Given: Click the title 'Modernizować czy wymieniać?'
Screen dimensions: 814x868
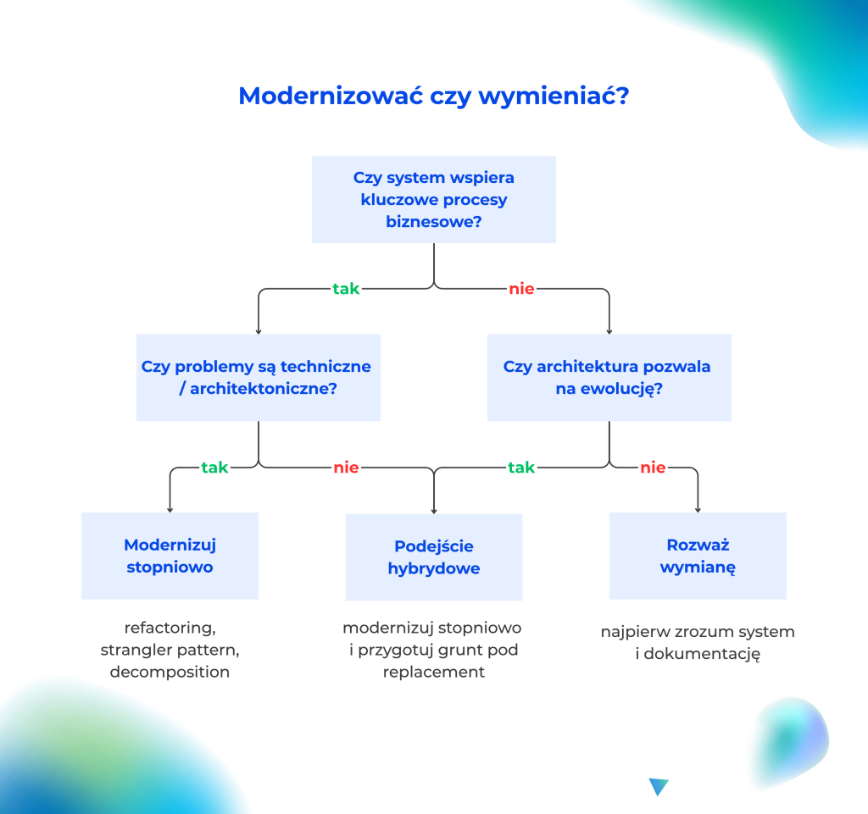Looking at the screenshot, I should tap(433, 96).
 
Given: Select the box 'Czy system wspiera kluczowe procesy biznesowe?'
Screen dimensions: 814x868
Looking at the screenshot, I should tap(433, 200).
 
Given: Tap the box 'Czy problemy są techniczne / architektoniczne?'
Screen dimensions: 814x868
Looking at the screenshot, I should tap(258, 378).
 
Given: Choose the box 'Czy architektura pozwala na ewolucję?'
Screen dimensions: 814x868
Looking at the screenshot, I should tap(609, 378).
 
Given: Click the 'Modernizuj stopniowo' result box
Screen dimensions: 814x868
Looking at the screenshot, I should tap(170, 556).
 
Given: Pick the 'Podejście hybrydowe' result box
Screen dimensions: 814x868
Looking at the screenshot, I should tap(433, 557).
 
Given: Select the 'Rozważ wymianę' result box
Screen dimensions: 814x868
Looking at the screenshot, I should tap(698, 556).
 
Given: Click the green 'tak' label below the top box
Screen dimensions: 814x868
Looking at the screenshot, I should tap(346, 289).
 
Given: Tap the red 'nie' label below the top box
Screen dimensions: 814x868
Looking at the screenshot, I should tap(521, 289).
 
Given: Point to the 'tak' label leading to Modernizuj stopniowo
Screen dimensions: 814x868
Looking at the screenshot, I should tap(214, 468).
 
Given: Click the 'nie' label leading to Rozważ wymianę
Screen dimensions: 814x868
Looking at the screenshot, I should tap(653, 468).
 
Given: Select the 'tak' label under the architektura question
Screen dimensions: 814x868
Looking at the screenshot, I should tap(521, 468).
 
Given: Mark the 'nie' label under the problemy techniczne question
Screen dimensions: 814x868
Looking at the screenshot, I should tap(346, 468).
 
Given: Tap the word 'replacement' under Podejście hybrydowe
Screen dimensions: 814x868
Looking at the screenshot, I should tap(433, 673).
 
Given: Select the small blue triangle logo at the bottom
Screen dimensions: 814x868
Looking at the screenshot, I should tap(659, 787).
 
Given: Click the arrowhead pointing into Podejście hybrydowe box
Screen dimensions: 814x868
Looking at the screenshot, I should tap(434, 510).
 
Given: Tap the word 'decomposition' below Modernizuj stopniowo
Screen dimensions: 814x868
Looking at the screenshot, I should tap(170, 673).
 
